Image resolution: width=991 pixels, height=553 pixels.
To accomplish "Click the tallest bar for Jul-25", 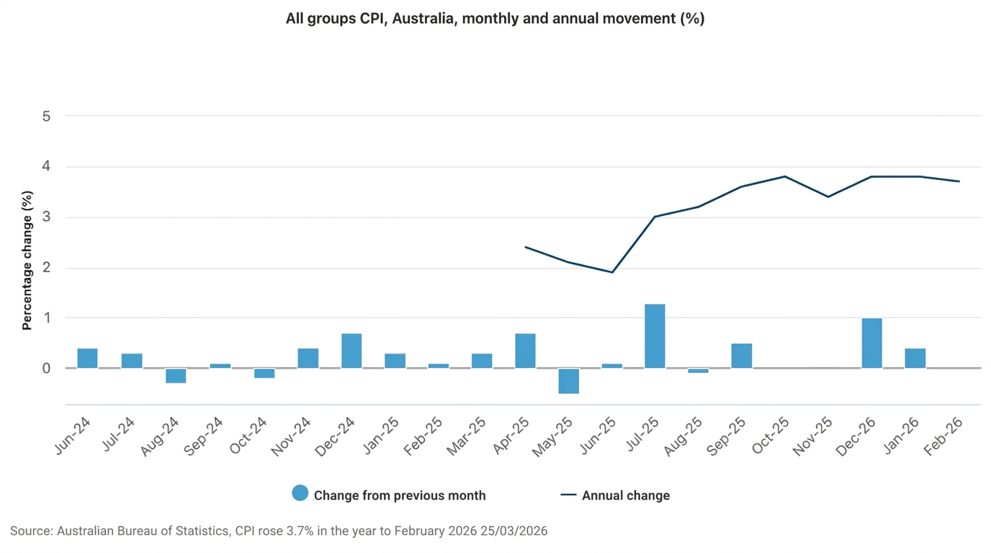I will (655, 336).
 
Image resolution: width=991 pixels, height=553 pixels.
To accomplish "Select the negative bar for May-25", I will (568, 381).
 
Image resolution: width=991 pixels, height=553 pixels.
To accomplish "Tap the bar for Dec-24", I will (351, 351).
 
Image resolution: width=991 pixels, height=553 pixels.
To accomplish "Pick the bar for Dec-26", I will (871, 343).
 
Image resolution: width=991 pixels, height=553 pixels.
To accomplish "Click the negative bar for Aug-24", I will (176, 375).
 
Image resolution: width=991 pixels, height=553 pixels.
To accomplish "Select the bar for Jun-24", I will (87, 358).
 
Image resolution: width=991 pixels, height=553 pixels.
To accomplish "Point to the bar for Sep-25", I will (741, 356).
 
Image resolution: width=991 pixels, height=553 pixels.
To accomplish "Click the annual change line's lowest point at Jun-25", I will (612, 272).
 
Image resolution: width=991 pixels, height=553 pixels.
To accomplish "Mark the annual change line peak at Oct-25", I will (784, 176).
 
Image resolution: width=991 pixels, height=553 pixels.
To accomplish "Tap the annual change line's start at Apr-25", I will (526, 247).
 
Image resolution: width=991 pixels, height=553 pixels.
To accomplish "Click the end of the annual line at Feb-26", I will (959, 181).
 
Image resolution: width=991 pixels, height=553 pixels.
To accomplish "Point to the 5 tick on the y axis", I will (46, 116).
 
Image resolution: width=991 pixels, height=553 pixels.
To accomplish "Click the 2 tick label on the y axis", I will (46, 269).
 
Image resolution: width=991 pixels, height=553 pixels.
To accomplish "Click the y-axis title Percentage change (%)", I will (27, 261).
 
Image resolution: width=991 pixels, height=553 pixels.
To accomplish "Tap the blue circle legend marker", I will (300, 494).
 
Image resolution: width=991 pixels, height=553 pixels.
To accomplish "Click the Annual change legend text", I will (625, 495).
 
